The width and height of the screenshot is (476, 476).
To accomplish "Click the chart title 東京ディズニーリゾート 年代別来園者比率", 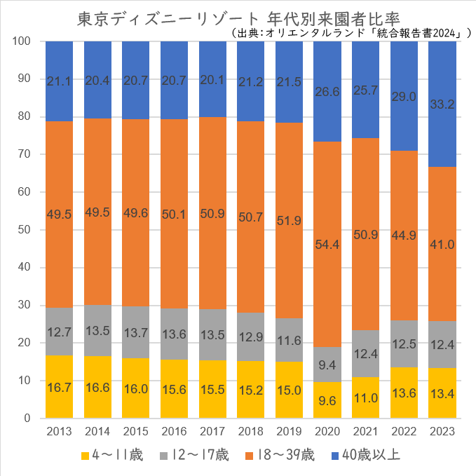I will pos(238,18).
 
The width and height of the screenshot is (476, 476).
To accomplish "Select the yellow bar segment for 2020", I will pos(327,400).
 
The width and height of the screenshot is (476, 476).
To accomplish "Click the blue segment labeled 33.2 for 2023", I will pos(442,104).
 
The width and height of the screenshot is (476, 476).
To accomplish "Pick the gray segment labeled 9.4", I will pos(327,364).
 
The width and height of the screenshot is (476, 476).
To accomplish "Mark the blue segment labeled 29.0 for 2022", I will pos(404,96).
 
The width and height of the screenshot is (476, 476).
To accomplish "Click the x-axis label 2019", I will pos(289,430).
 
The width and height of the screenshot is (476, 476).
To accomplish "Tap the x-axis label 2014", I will pos(97,430).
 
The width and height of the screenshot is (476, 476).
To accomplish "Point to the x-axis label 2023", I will pos(442,430).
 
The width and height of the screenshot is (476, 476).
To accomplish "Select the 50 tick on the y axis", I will pos(25,230).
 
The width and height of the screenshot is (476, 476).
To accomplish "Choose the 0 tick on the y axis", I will pos(27,419).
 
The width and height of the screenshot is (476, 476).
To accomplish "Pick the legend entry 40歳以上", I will pos(368,456).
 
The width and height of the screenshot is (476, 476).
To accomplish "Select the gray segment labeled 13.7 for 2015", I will pos(136,332).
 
